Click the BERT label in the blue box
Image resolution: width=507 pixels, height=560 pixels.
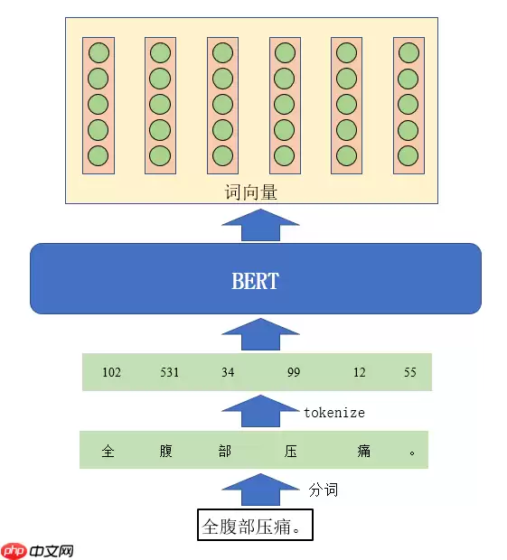[x=255, y=280]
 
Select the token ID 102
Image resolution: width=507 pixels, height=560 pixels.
[x=112, y=372]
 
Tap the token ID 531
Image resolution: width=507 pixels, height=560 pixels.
[x=169, y=372]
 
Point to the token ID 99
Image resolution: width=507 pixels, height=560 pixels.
[x=293, y=372]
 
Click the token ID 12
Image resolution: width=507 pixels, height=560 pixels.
[x=360, y=372]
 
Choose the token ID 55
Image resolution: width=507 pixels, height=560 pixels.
[x=410, y=372]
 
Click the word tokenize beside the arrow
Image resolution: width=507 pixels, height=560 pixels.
[x=333, y=412]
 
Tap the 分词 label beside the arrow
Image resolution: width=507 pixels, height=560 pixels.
[x=324, y=490]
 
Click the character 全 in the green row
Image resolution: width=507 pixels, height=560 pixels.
[x=108, y=451]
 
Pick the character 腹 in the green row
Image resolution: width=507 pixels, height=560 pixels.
[x=165, y=451]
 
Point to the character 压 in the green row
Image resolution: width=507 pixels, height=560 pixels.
[x=291, y=451]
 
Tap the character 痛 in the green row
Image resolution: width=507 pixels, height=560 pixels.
[x=363, y=451]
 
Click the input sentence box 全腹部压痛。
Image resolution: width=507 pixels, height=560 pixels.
[x=256, y=526]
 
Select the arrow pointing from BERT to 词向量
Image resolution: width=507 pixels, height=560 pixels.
[x=260, y=226]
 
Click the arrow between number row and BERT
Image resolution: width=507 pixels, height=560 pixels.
[x=260, y=334]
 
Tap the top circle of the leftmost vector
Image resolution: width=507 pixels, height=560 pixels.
[x=98, y=52]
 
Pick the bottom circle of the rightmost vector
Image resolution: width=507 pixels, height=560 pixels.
[x=408, y=155]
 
